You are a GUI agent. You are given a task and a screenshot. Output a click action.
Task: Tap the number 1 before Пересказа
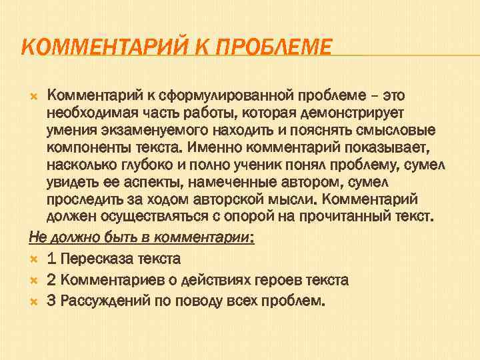(51, 258)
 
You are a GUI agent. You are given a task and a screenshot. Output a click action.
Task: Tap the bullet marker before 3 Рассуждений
(35, 301)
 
